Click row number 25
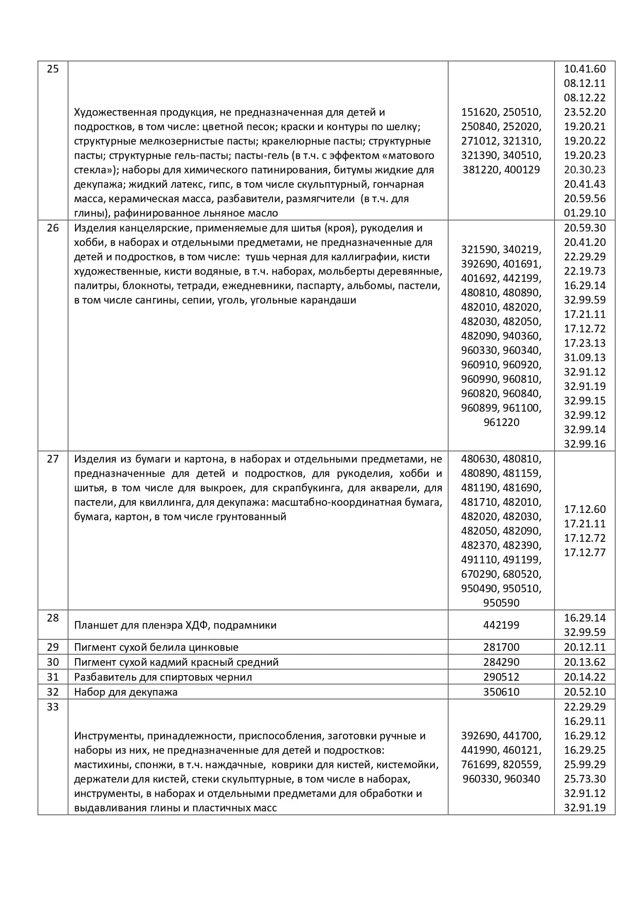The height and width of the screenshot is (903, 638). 53,69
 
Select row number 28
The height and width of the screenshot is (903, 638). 53,618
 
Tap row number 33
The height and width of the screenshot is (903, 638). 53,707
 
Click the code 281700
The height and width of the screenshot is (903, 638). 501,647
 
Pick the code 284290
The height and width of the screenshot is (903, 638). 501,662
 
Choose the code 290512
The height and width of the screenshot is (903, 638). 501,677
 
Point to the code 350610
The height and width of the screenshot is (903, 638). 501,692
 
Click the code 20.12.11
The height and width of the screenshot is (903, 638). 585,647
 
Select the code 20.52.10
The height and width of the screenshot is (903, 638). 585,692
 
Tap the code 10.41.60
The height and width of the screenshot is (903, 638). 585,69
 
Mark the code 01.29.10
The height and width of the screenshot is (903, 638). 585,213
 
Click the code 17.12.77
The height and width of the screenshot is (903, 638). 585,553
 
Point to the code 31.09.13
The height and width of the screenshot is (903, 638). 585,358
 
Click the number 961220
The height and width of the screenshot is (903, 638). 501,422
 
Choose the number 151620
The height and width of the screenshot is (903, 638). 480,112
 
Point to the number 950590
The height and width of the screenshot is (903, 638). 501,603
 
